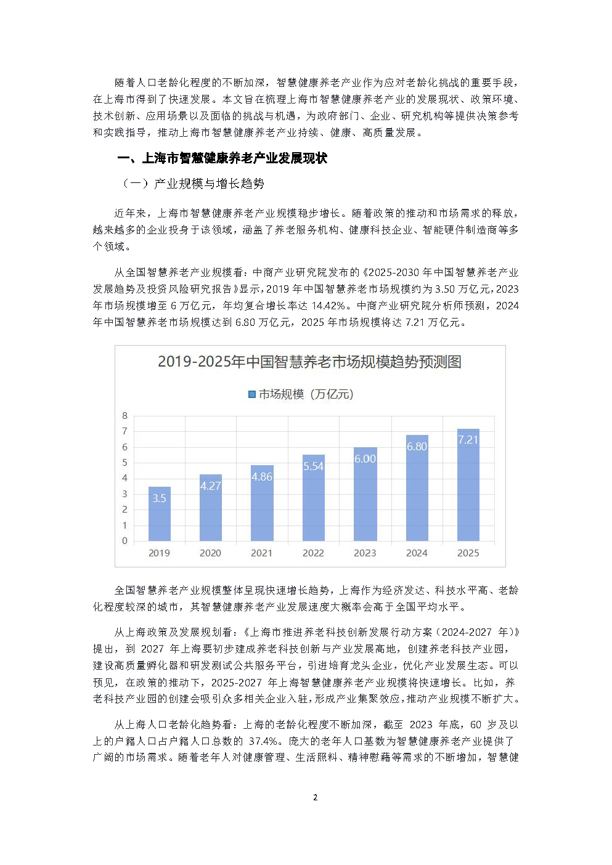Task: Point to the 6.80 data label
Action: click(417, 447)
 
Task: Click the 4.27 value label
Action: click(210, 486)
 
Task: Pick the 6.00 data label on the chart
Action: click(365, 459)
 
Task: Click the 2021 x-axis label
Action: click(261, 553)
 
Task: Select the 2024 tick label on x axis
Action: click(417, 553)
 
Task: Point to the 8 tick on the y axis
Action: click(125, 416)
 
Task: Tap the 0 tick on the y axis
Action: click(125, 541)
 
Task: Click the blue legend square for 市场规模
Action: click(251, 394)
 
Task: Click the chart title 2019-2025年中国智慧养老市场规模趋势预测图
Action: click(309, 362)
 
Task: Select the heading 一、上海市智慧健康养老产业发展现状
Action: click(222, 158)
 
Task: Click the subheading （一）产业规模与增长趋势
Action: click(193, 184)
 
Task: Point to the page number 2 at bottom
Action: click(315, 797)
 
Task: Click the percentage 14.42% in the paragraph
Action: click(328, 306)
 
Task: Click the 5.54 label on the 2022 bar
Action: click(313, 466)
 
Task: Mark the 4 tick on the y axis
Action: click(125, 478)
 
